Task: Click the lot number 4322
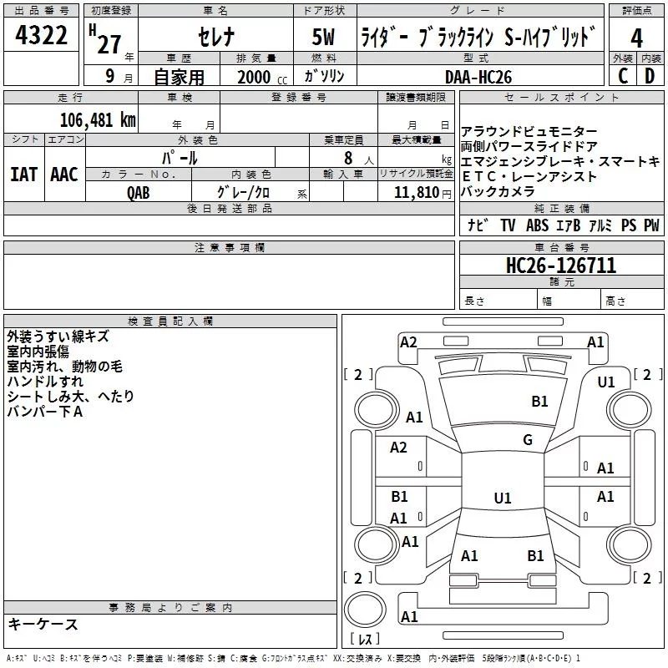[x=42, y=38]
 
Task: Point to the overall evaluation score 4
[x=636, y=38]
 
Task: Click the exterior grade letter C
[x=622, y=77]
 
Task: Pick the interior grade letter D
[x=650, y=77]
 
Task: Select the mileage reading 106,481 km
[x=97, y=119]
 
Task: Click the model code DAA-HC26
[x=478, y=77]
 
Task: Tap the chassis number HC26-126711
[x=561, y=266]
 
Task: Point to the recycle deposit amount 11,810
[x=415, y=192]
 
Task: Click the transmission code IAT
[x=23, y=174]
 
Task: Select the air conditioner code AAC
[x=64, y=174]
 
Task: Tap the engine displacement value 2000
[x=254, y=77]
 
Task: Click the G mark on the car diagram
[x=527, y=440]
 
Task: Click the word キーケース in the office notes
[x=43, y=625]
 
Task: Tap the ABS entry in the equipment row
[x=537, y=225]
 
